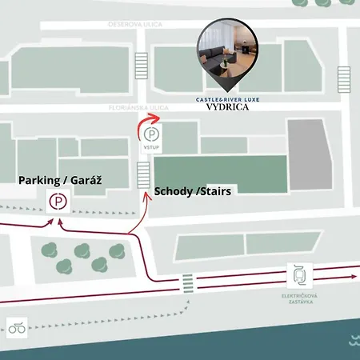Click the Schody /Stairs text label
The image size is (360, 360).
186,192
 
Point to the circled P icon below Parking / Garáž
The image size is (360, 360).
58,202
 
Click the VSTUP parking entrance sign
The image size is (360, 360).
151,139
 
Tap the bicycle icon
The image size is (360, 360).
17,326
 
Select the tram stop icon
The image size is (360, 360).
298,275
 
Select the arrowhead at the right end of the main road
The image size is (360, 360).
352,275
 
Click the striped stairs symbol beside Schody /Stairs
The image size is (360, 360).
144,175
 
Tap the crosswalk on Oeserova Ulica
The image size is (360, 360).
142,63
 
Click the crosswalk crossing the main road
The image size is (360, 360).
187,282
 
